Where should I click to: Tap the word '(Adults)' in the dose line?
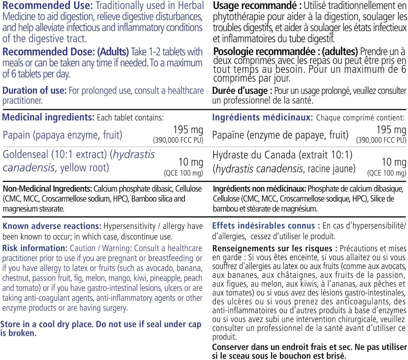(x=113, y=52)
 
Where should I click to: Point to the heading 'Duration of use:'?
(x=34, y=91)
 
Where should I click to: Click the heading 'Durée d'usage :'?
(x=242, y=91)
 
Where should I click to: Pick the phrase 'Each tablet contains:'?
(x=130, y=117)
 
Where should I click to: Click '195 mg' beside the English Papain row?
(x=188, y=130)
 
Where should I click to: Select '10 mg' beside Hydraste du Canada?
(x=394, y=162)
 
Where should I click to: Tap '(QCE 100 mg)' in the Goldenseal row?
(x=184, y=173)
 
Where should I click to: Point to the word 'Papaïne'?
(x=228, y=135)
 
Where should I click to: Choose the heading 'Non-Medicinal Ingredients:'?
(x=47, y=189)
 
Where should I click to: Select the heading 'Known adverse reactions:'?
(x=52, y=226)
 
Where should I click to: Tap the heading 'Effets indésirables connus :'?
(x=266, y=226)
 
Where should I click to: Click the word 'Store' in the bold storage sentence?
(x=10, y=324)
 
